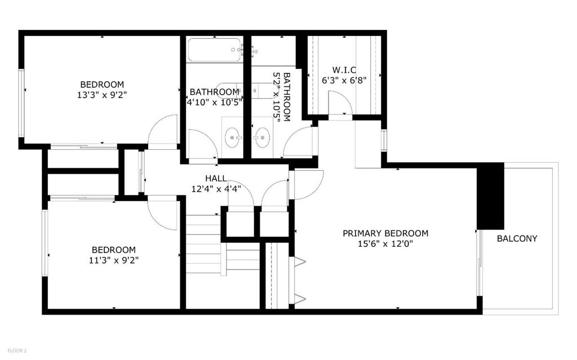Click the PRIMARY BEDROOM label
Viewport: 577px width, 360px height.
pyautogui.click(x=385, y=233)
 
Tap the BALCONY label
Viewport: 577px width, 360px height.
pyautogui.click(x=517, y=238)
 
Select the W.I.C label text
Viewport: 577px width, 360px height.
pyautogui.click(x=344, y=70)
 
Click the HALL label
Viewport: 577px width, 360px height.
pyautogui.click(x=216, y=179)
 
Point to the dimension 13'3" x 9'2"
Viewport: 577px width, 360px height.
pyautogui.click(x=102, y=95)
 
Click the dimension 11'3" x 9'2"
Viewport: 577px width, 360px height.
pyautogui.click(x=114, y=260)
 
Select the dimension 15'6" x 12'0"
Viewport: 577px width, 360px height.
pyautogui.click(x=385, y=244)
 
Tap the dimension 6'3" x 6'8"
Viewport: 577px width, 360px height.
pyautogui.click(x=344, y=80)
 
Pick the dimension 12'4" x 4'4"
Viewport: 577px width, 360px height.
pyautogui.click(x=216, y=189)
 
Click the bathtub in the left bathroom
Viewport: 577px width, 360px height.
pyautogui.click(x=215, y=50)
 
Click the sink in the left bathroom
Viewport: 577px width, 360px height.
pyautogui.click(x=232, y=137)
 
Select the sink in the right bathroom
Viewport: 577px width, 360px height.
pyautogui.click(x=262, y=137)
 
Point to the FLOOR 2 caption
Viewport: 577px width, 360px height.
pyautogui.click(x=17, y=351)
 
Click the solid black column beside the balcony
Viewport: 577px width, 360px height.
pyautogui.click(x=490, y=196)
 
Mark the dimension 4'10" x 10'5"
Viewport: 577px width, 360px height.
pyautogui.click(x=215, y=102)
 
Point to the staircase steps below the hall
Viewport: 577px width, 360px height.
pyautogui.click(x=203, y=244)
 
